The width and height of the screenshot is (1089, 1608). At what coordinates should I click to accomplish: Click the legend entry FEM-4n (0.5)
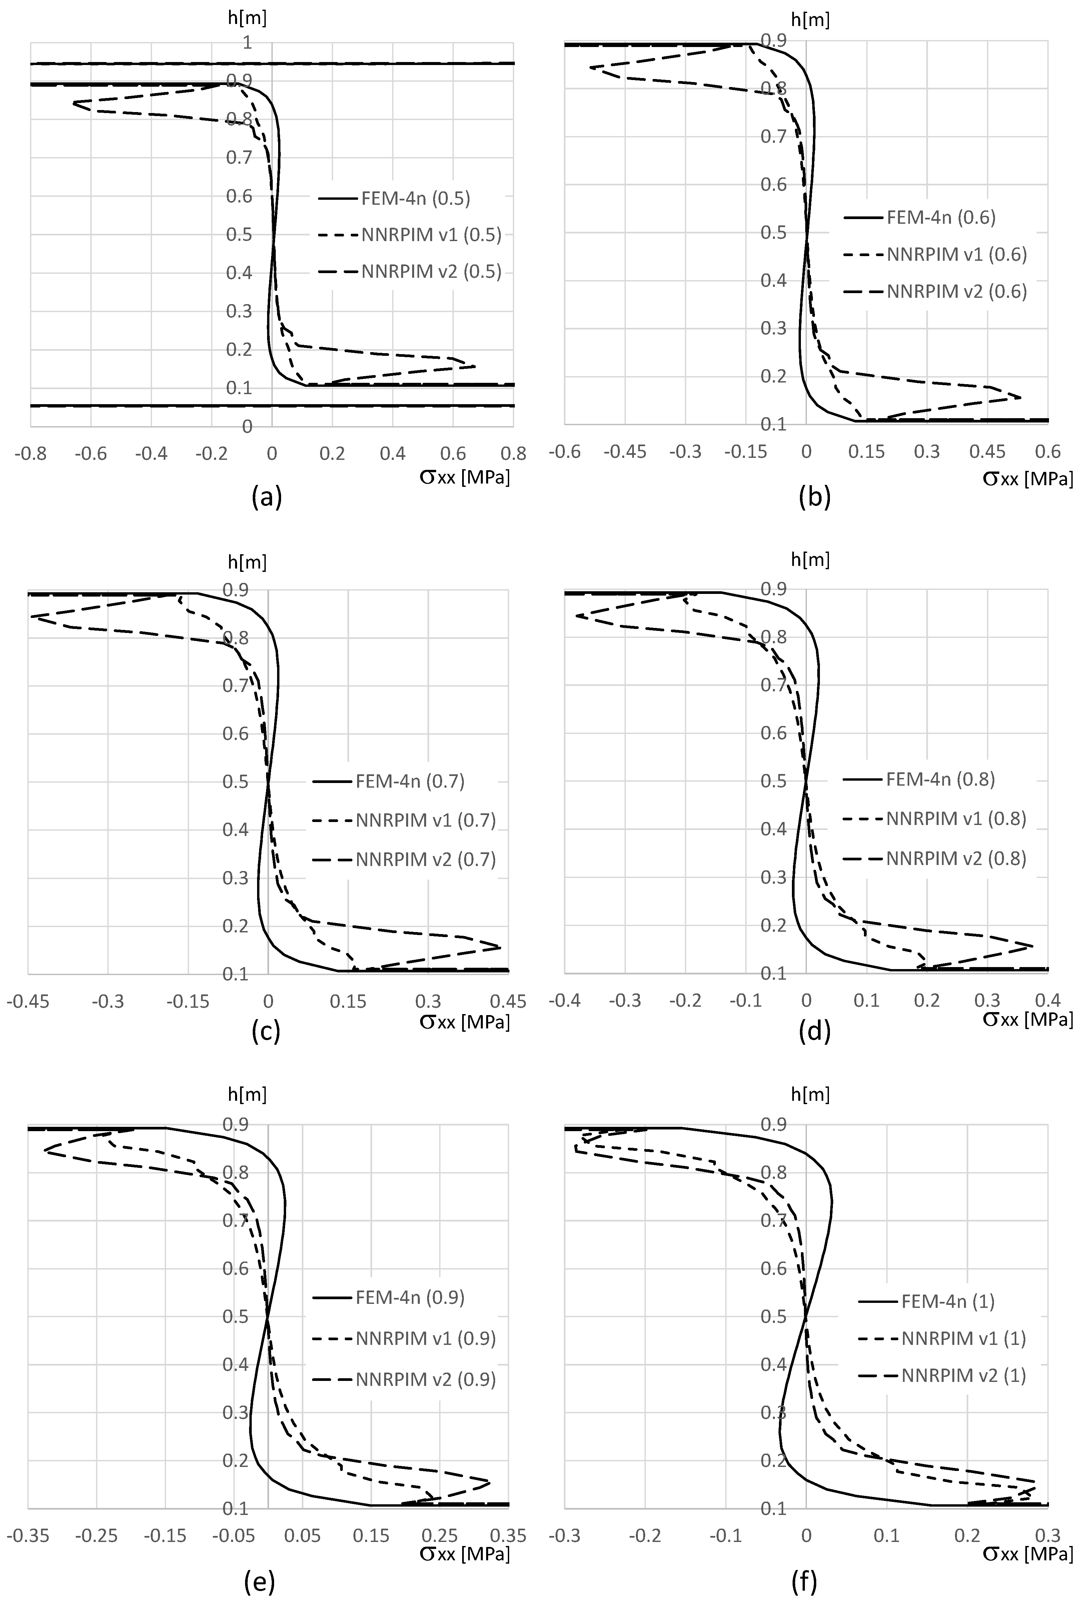415,198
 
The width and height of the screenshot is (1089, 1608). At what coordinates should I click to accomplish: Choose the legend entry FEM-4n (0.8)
940,779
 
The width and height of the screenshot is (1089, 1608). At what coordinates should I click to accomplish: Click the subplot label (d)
814,1031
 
